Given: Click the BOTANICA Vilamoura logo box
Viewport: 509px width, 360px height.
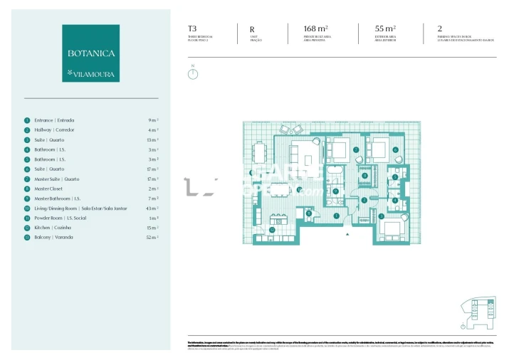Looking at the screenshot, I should [90, 53].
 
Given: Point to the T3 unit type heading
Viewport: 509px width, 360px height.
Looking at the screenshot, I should [192, 29].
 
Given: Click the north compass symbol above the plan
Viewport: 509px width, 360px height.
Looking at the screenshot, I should [193, 73].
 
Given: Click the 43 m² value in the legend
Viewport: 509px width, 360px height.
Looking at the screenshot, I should [152, 208].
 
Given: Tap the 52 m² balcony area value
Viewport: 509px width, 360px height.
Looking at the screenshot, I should [152, 237].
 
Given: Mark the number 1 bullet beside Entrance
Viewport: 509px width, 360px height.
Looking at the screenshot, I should [27, 120].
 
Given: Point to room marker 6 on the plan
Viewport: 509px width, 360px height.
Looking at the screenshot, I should [394, 150].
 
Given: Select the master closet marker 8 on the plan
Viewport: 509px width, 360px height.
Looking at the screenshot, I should [365, 176].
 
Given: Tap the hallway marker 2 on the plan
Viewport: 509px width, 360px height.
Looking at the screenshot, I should [364, 200].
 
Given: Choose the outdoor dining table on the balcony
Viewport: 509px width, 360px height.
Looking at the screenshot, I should [261, 153].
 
